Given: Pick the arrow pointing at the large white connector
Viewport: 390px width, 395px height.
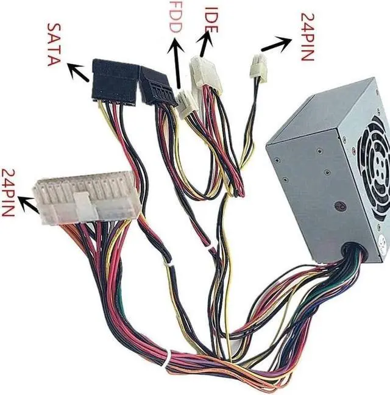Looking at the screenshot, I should click(28, 205).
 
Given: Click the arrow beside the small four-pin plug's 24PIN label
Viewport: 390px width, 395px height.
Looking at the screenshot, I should click(274, 45).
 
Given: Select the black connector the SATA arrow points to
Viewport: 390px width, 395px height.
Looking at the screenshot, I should click(115, 82).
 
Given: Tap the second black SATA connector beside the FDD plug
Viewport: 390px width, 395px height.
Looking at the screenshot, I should click(157, 88).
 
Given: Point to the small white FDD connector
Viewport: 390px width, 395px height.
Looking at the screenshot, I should click(186, 104).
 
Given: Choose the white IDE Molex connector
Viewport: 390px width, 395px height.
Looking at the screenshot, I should click(205, 73).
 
